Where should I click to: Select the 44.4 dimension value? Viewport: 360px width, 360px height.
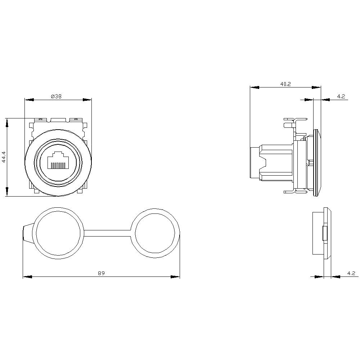[4, 157]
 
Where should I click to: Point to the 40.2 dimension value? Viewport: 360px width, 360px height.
[285, 84]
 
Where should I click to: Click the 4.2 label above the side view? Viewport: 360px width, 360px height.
[341, 96]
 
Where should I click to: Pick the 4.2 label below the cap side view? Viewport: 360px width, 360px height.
[351, 273]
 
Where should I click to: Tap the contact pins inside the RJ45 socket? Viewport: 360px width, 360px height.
[58, 165]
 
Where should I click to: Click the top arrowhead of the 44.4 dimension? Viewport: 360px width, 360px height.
[7, 122]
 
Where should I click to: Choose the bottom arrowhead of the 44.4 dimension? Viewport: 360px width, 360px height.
[7, 192]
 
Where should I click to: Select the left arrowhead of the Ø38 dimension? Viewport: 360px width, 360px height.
[29, 100]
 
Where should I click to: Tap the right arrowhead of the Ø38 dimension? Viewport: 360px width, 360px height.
[87, 100]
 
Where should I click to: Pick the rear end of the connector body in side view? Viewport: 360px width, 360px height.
[254, 163]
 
